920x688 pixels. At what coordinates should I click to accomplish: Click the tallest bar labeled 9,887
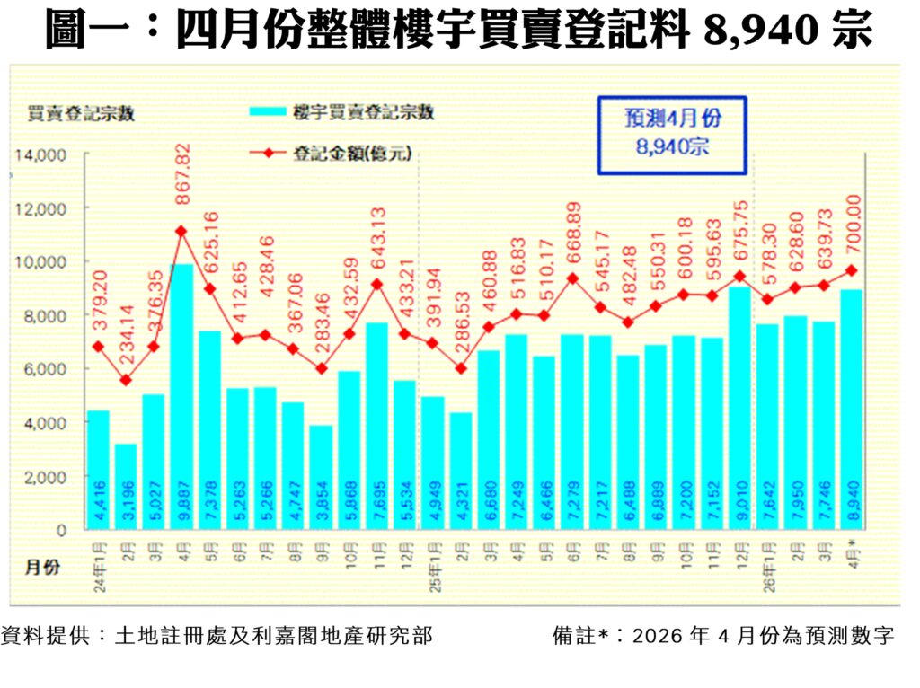pyautogui.click(x=181, y=395)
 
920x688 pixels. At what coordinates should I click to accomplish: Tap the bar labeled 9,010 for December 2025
pyautogui.click(x=739, y=409)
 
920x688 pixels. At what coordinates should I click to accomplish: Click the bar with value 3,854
pyautogui.click(x=321, y=476)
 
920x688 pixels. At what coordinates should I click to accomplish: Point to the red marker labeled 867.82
pyautogui.click(x=181, y=231)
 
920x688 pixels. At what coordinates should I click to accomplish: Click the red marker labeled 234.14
pyautogui.click(x=126, y=380)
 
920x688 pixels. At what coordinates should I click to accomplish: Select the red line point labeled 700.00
pyautogui.click(x=851, y=269)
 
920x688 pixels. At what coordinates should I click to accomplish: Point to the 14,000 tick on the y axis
pyautogui.click(x=39, y=155)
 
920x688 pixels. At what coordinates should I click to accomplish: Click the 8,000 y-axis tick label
pyautogui.click(x=42, y=315)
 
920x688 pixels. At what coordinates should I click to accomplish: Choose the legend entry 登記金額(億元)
pyautogui.click(x=352, y=154)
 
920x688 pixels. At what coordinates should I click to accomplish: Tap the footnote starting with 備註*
pyautogui.click(x=724, y=637)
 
